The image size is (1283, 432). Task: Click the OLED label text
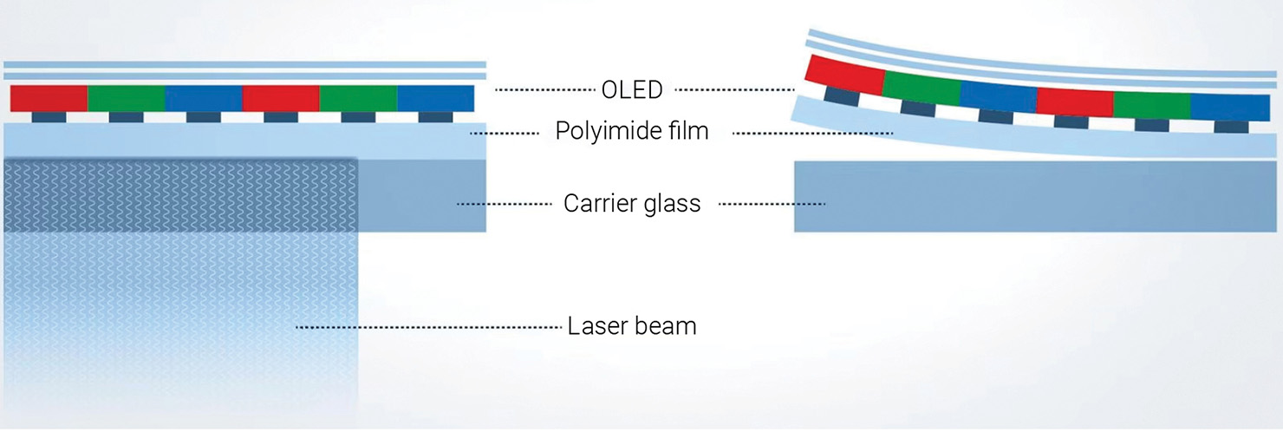(x=632, y=89)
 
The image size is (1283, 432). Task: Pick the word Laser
(x=596, y=326)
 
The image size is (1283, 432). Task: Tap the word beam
(x=668, y=326)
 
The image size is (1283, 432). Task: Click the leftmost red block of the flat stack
(x=49, y=98)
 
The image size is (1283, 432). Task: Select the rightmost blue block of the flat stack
(x=435, y=98)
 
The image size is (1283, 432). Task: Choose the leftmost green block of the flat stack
(x=126, y=98)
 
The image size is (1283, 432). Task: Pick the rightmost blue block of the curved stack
(x=1230, y=107)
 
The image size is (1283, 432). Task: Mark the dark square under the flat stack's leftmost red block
(x=49, y=117)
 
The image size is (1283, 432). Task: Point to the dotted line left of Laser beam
(x=428, y=327)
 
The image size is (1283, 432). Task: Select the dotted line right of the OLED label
(x=733, y=89)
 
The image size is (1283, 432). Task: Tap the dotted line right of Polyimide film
(x=812, y=133)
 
